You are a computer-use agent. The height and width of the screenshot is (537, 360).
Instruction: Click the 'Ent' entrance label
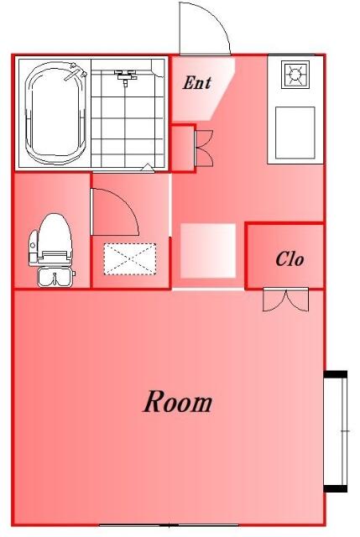(196, 83)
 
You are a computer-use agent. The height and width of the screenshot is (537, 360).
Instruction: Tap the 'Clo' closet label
(290, 259)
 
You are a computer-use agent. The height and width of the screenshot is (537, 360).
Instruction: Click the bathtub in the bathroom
(56, 112)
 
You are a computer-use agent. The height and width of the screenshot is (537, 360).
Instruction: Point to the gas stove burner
(295, 75)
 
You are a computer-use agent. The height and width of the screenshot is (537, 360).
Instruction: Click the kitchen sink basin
(295, 133)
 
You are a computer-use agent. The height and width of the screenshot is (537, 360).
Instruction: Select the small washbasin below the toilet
(55, 277)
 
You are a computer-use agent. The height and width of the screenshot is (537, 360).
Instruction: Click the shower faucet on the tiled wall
(125, 76)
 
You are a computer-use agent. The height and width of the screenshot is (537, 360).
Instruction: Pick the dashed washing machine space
(130, 259)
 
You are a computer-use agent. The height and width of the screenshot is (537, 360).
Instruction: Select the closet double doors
(285, 300)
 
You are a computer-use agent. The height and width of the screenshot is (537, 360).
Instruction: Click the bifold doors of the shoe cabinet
(205, 148)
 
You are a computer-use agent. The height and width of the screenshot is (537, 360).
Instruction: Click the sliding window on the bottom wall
(169, 525)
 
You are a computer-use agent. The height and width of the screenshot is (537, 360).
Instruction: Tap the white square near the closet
(208, 251)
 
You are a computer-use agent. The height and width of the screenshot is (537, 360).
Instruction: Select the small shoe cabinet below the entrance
(183, 148)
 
